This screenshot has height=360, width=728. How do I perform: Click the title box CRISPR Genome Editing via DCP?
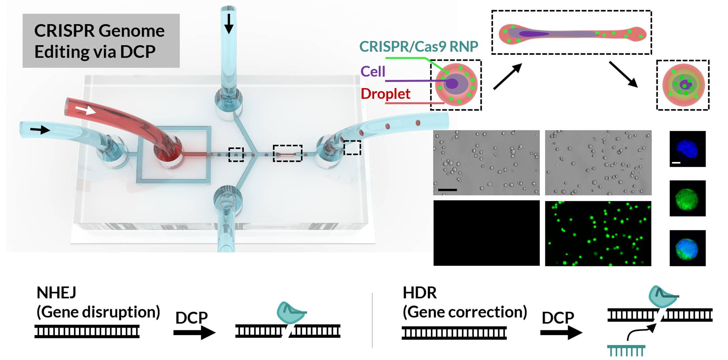[101, 41]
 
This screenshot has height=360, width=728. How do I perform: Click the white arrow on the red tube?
[86, 110]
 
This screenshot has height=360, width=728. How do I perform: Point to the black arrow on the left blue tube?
[40, 130]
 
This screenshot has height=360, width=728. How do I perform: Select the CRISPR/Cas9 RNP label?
[419, 47]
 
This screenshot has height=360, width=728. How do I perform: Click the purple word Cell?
[373, 72]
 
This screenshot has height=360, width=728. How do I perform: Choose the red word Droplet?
[385, 94]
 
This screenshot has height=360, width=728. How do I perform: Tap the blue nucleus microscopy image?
[687, 149]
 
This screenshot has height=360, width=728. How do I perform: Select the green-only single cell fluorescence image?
[687, 198]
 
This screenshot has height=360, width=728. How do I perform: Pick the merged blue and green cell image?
[687, 248]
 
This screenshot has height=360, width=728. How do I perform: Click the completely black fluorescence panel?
[486, 233]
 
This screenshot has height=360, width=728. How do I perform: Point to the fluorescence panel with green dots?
[598, 233]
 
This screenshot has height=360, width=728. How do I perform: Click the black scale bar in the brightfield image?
[448, 190]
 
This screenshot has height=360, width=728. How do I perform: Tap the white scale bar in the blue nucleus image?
[676, 163]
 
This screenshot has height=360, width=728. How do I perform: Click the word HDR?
[419, 293]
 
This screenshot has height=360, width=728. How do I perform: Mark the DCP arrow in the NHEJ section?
[194, 333]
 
